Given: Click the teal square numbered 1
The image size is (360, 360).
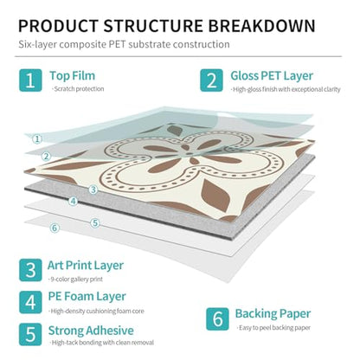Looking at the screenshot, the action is point(30,80).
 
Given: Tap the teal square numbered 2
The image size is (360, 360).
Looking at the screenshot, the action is point(211,80).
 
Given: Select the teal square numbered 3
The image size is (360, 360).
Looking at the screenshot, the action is point(30,270).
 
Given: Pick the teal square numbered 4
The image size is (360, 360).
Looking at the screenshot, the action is point(30,302).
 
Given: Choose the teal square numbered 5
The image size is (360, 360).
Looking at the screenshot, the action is point(30,334).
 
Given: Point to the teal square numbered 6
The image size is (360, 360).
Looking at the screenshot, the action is point(217,319).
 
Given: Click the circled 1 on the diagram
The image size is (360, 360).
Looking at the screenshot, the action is point(37,139).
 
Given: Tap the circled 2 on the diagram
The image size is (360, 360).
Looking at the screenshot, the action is point(46,157).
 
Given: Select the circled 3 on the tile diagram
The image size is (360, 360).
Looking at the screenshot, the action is point(93,190).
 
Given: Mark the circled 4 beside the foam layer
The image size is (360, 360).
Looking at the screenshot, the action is point(74,201).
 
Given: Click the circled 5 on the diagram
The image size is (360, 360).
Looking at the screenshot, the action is point(95,223).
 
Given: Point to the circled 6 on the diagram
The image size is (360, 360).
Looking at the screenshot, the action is point(55,228).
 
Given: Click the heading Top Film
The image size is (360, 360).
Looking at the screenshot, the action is point(73,76).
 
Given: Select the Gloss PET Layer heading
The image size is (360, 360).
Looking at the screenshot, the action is point(272,76).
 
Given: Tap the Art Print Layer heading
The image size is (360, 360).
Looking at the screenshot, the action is point(86,266).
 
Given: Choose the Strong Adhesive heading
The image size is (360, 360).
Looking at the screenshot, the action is point(91,331).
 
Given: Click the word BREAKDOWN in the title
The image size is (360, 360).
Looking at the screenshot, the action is point(262,26).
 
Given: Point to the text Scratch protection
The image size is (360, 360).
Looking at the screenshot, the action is point(78,89).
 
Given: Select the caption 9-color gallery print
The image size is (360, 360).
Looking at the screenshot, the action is point(76,280).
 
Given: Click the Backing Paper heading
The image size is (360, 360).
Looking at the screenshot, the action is point(273,314).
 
